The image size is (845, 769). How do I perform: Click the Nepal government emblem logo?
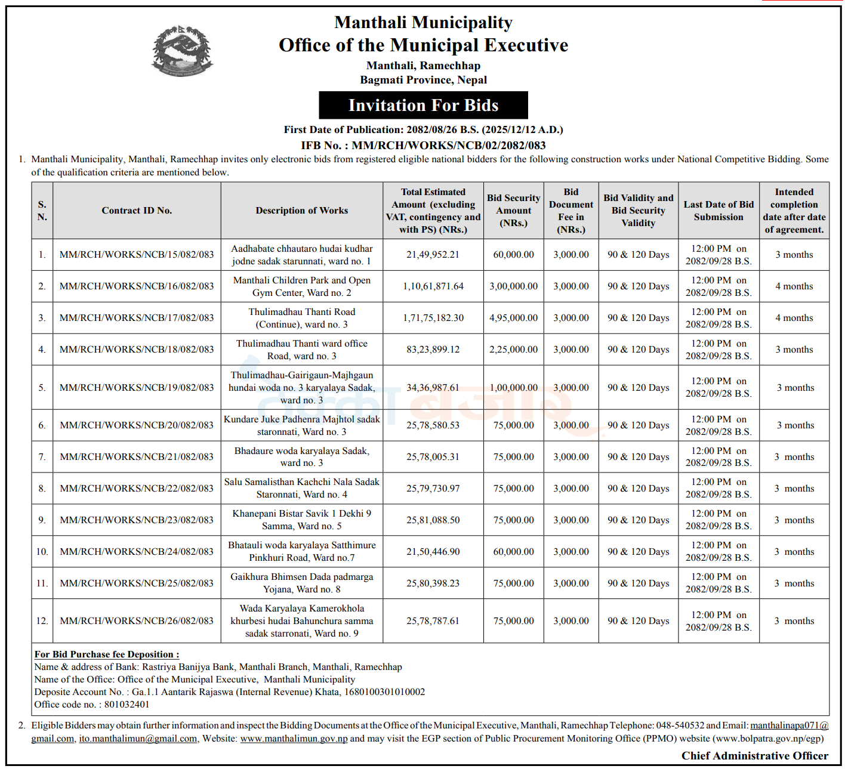182,51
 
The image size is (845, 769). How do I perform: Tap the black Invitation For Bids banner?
423,106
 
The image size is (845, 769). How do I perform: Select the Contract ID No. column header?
137,211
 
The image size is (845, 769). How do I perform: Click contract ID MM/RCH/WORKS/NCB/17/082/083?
137,318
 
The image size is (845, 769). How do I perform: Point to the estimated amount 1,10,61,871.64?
433,286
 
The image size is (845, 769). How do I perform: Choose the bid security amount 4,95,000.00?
513,318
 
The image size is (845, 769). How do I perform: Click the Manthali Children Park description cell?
302,286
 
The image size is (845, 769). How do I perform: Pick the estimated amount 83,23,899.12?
433,350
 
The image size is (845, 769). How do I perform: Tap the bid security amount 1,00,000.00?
513,388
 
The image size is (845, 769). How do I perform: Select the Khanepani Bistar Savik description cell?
302,520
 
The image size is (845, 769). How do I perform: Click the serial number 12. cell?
42,621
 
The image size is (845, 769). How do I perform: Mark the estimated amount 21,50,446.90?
433,552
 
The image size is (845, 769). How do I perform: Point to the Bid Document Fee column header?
571,211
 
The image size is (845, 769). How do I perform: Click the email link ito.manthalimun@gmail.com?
138,739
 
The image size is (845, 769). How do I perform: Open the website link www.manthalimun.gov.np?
294,739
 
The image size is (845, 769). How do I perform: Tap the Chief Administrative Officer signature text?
755,756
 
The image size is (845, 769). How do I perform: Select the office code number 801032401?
127,705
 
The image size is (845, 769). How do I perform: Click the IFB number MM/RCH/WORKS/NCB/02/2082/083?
448,145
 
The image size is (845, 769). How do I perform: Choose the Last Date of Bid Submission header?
718,211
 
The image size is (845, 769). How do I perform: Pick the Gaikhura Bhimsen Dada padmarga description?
302,583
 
